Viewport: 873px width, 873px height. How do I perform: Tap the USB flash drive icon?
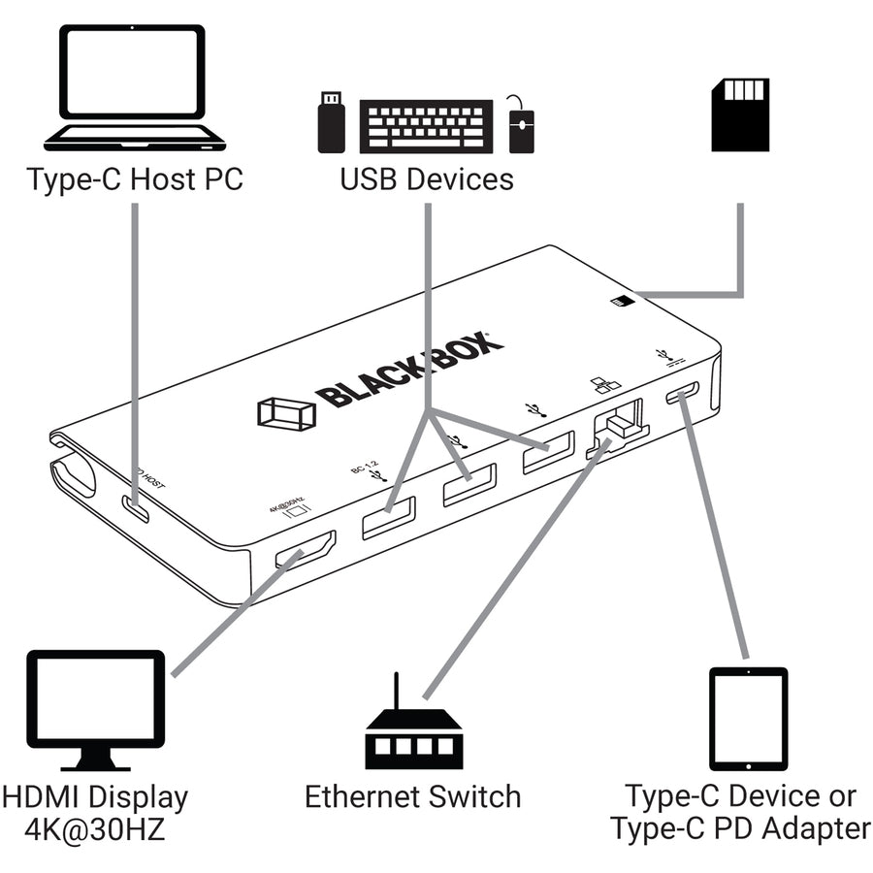[332, 122]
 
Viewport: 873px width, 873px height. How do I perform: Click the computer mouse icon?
[522, 128]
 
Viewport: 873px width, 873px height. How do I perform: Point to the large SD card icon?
[740, 114]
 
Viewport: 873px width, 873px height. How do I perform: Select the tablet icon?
[748, 719]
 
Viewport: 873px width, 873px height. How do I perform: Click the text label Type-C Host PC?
[134, 180]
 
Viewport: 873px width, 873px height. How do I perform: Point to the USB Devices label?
[427, 180]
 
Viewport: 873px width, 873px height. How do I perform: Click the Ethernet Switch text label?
[413, 797]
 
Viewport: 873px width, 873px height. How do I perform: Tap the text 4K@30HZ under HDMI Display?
[95, 830]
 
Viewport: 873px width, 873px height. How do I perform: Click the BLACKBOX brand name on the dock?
[409, 370]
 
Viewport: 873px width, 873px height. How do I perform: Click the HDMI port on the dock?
[305, 550]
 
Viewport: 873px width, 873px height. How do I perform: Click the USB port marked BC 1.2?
[388, 517]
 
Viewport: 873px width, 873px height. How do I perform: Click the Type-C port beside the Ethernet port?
[682, 395]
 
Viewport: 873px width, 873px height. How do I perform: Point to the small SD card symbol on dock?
[618, 302]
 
